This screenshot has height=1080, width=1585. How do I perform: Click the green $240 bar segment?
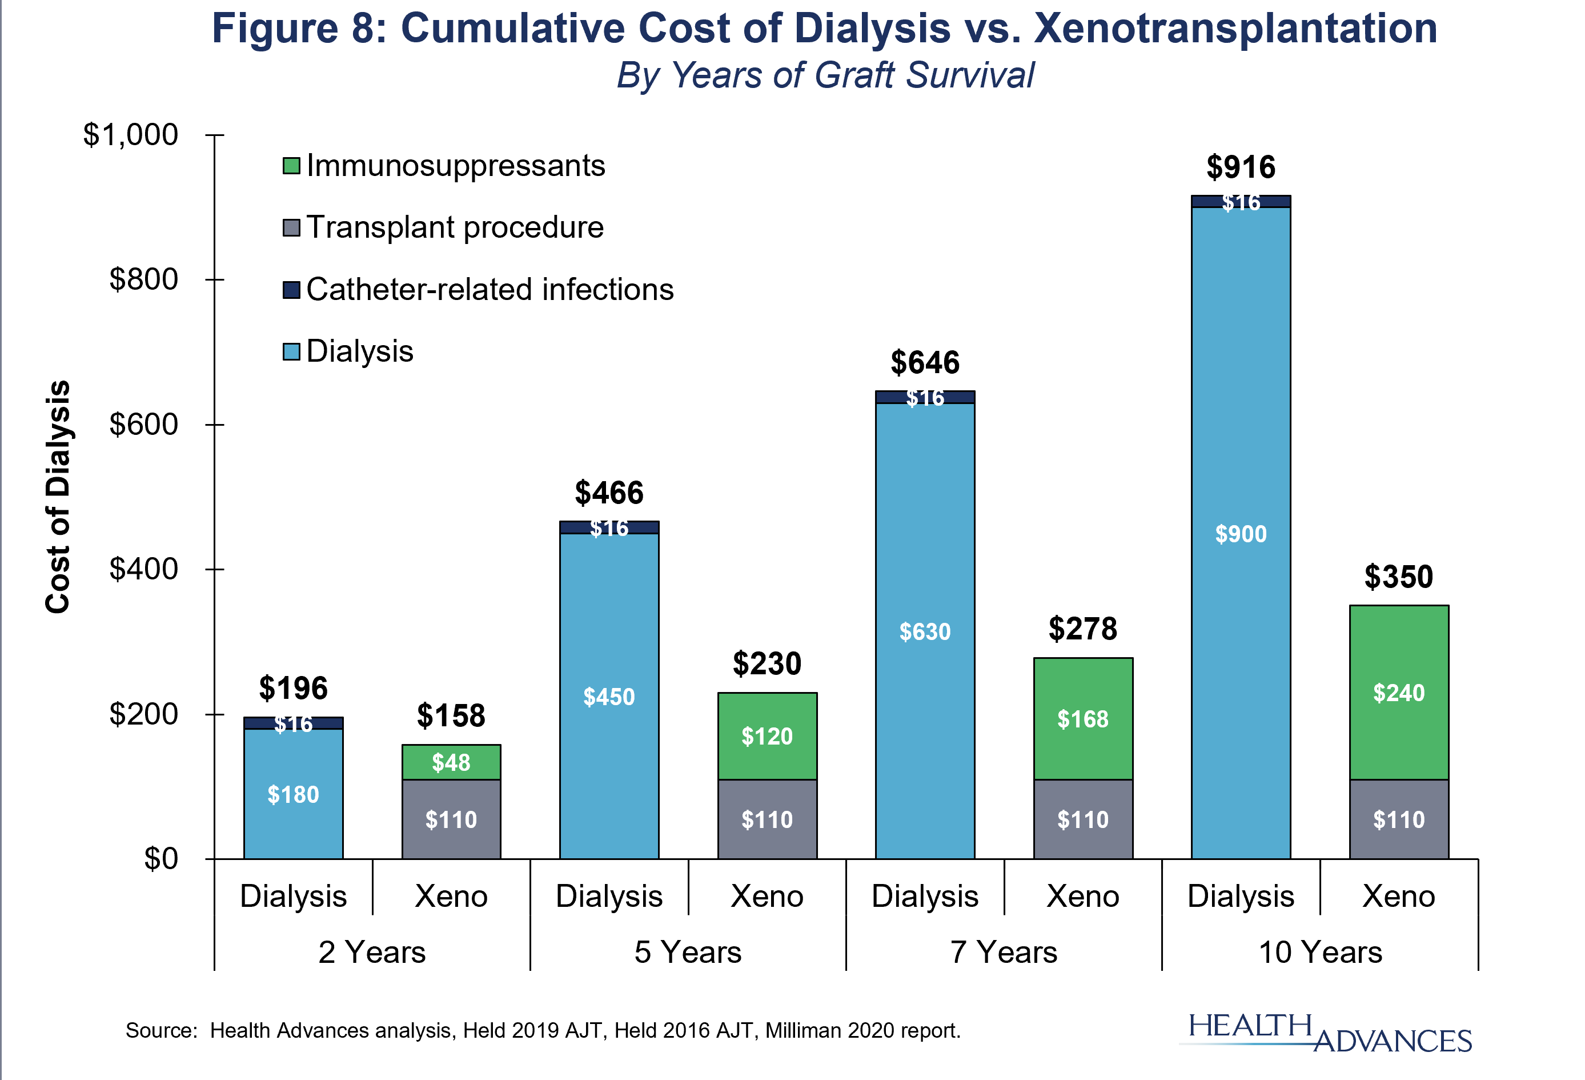coord(1399,693)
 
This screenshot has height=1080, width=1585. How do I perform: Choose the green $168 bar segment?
coord(1083,718)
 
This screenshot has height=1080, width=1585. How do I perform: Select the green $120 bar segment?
coord(767,736)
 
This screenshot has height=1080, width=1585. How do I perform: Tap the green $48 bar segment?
coord(451,762)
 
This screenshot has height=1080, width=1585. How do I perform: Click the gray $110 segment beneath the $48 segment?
coord(451,819)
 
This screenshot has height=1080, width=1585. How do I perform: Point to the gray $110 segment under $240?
coord(1399,819)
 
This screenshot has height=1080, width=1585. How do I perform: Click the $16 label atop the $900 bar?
coord(1241,202)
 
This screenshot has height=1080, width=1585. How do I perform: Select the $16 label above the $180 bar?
coord(293,723)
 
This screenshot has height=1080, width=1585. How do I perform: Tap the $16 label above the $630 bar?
coord(925,397)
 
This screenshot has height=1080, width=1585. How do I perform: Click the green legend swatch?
coord(291,166)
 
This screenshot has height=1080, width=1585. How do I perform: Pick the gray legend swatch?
coord(291,228)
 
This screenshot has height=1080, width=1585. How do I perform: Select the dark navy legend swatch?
coord(291,290)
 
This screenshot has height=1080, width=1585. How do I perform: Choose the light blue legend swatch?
coord(291,352)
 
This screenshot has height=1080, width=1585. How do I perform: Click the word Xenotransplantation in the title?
coord(1235,29)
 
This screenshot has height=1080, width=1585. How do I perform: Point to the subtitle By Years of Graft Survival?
coord(825,75)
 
